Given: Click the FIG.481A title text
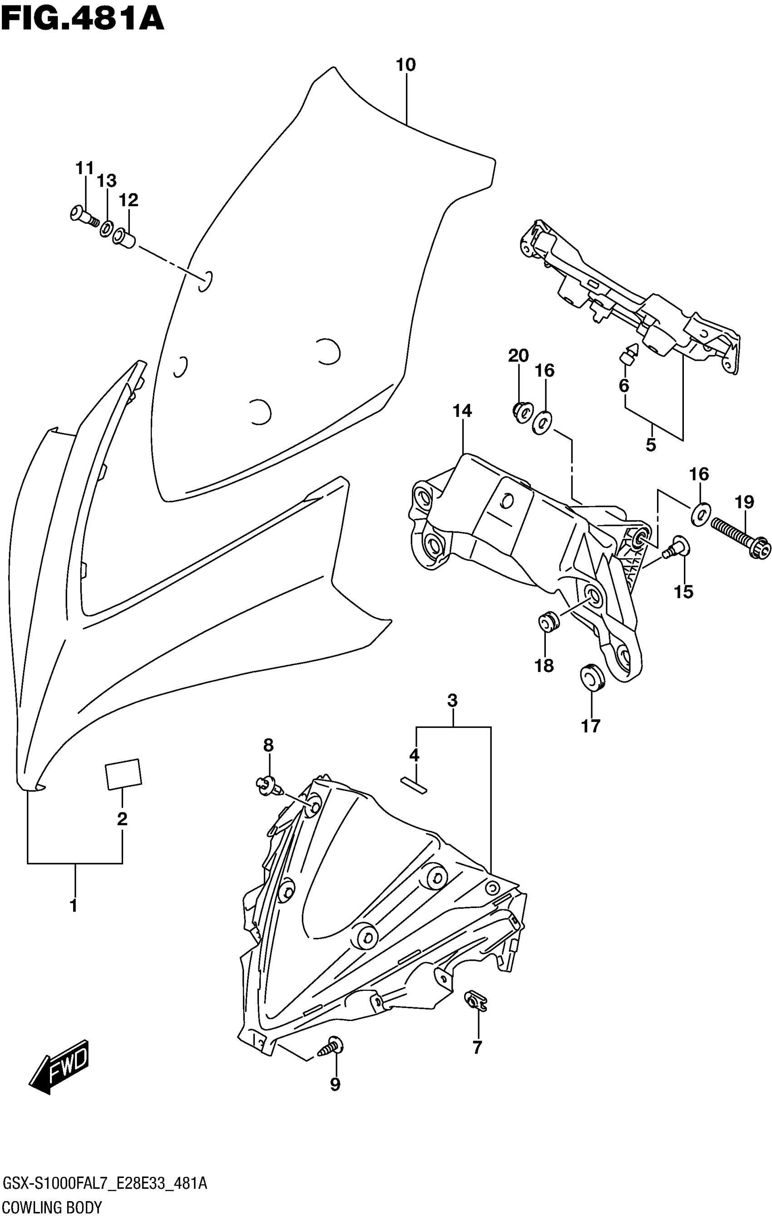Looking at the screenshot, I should (x=82, y=19).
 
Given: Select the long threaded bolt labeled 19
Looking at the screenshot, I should (x=740, y=537).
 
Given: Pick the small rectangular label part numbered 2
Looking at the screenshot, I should (x=123, y=774).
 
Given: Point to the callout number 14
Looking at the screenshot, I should (x=462, y=411).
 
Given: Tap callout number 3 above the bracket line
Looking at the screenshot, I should (x=452, y=701).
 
